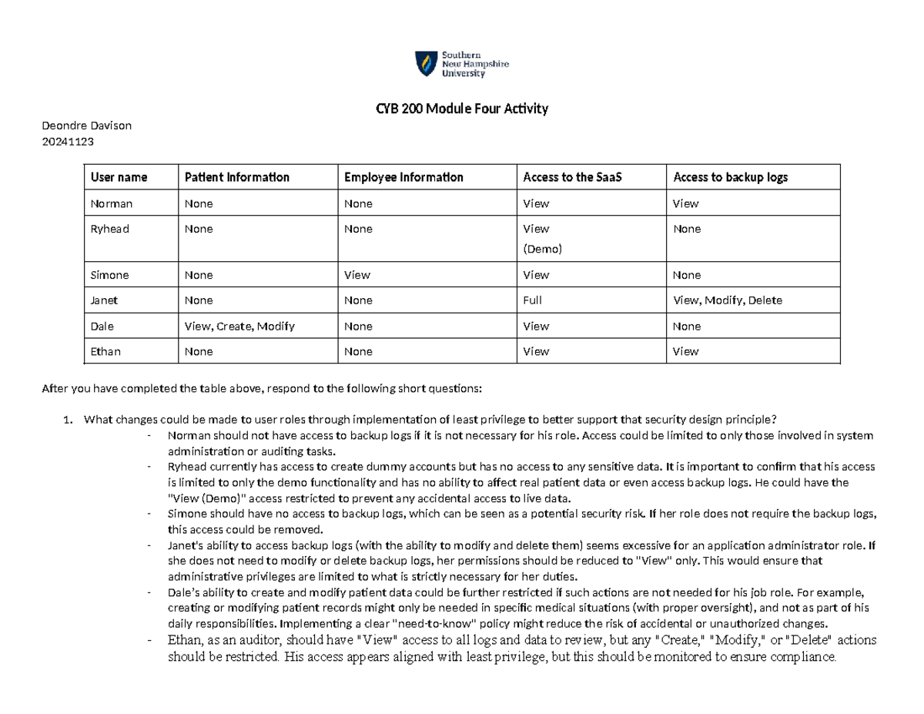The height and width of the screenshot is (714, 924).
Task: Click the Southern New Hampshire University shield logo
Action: (x=424, y=64)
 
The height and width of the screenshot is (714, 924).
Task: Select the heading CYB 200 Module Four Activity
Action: (x=461, y=109)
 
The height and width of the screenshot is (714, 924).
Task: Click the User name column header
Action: (x=119, y=177)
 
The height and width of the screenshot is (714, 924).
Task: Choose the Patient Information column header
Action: (x=236, y=177)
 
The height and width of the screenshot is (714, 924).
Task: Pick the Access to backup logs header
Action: (x=730, y=177)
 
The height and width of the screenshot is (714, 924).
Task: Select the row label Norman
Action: (x=111, y=203)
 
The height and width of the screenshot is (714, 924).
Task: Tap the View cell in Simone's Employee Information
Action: (x=357, y=275)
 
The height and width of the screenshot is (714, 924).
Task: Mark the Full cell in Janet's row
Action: (x=533, y=300)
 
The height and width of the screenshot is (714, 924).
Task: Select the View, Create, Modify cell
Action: (x=239, y=326)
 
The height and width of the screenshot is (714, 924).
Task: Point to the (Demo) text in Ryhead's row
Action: (x=543, y=250)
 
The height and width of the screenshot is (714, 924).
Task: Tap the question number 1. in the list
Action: (x=69, y=419)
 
